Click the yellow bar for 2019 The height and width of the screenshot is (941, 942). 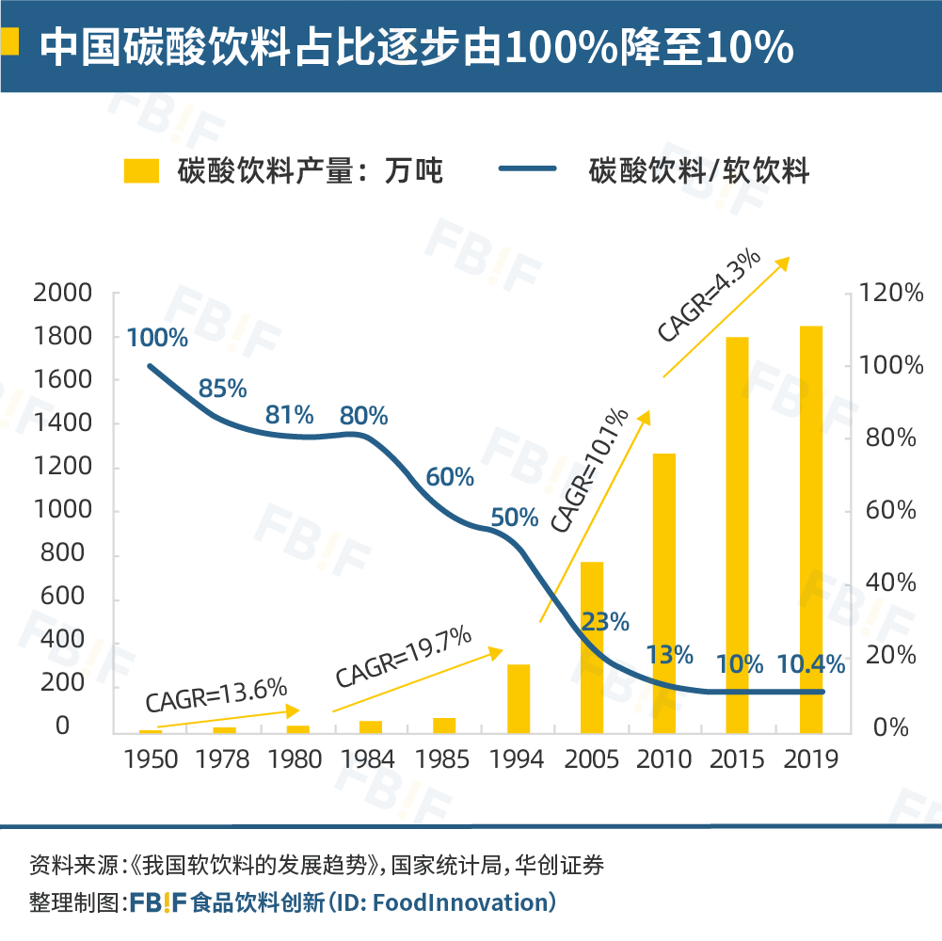coord(811,529)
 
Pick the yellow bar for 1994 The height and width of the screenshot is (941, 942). coord(519,698)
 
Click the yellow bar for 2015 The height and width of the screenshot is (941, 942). coord(737,534)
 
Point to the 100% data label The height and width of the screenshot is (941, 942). coord(157,338)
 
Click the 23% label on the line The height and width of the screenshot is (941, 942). coord(605,622)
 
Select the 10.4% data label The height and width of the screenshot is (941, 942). coord(811,664)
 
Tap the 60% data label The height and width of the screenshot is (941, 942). coord(450,477)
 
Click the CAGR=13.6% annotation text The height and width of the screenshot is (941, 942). coord(216,695)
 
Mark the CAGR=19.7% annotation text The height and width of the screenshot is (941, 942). coord(403,658)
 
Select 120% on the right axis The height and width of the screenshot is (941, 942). coord(891,294)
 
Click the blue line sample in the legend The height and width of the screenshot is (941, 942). coord(528,170)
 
